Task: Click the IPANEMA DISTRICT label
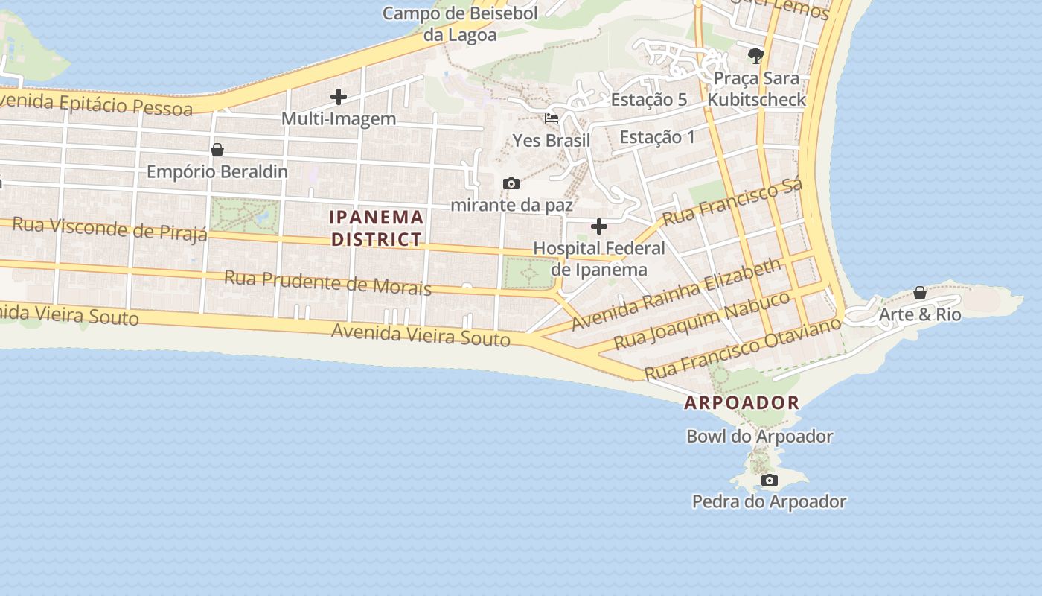click(377, 228)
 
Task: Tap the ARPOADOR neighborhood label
click(742, 403)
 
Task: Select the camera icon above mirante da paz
click(511, 183)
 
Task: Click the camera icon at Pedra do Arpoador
click(770, 481)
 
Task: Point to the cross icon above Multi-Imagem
click(339, 97)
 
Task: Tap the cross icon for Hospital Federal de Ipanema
click(599, 226)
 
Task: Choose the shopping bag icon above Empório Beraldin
click(217, 150)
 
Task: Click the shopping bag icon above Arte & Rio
click(920, 293)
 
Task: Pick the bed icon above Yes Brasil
click(552, 118)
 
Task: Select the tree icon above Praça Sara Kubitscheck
click(756, 55)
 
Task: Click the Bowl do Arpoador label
click(759, 436)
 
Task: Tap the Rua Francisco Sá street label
click(732, 202)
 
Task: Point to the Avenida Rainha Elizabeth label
click(677, 294)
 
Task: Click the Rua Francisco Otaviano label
click(743, 347)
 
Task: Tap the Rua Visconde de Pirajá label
click(110, 229)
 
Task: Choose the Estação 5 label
click(649, 100)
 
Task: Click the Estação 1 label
click(657, 137)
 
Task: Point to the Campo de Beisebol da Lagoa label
click(460, 24)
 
